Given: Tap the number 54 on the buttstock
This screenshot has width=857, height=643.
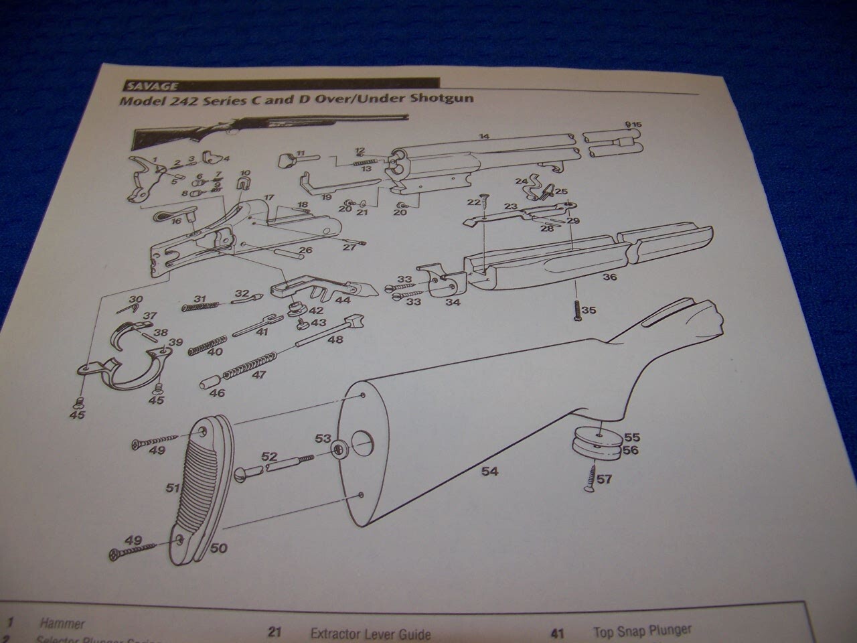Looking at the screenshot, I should click(x=489, y=472).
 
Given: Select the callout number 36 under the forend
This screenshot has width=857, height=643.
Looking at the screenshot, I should click(x=609, y=276).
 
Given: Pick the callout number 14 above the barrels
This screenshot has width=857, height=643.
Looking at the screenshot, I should click(x=484, y=137).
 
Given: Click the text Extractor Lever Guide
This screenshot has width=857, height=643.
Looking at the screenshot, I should click(x=370, y=634).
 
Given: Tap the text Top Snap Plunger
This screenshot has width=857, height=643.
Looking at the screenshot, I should click(x=641, y=630).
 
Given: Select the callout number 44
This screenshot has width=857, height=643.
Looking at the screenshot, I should click(x=343, y=301).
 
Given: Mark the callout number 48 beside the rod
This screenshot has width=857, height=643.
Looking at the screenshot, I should click(x=335, y=340).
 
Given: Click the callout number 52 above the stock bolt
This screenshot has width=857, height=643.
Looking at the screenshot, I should click(x=269, y=456).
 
